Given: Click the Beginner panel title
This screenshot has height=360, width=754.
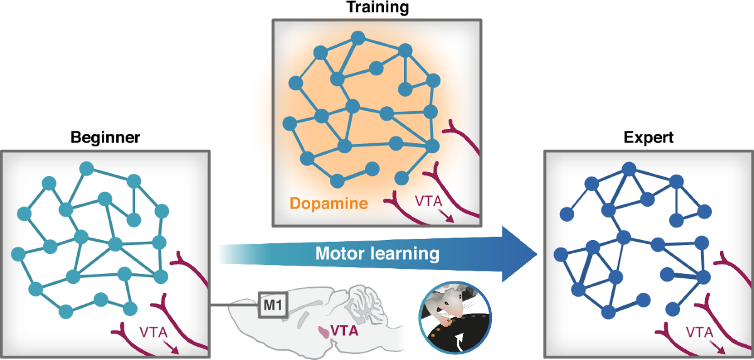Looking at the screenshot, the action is click(x=106, y=137).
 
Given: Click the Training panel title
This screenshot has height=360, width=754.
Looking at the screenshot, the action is click(x=377, y=8).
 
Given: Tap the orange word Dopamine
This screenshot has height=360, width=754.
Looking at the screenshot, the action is click(x=329, y=203).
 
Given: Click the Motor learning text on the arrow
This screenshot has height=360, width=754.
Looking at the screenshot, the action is click(x=376, y=254).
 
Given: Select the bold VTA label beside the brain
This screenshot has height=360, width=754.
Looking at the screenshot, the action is click(x=344, y=329).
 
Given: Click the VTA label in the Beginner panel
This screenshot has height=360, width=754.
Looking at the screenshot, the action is click(x=154, y=332).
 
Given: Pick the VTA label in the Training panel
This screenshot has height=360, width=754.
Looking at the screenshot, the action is click(x=430, y=202).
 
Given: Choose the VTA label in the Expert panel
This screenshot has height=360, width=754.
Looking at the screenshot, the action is click(x=699, y=332).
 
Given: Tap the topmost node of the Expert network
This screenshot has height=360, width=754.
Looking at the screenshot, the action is click(x=628, y=168).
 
